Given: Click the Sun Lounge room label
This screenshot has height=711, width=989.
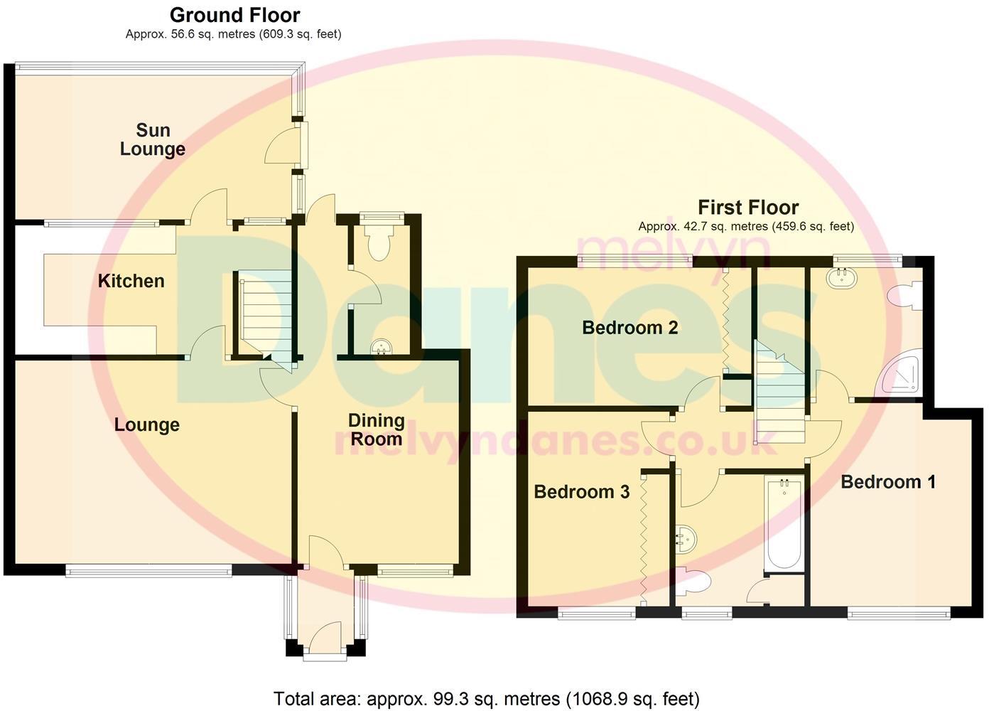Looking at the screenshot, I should [x=153, y=139].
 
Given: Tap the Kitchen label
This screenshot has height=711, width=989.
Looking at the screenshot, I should [x=131, y=281].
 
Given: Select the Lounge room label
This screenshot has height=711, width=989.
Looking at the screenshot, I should [x=147, y=424].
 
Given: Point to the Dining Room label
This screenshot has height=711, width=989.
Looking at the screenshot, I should [x=376, y=429].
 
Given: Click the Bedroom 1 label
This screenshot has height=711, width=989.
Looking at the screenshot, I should [x=887, y=482].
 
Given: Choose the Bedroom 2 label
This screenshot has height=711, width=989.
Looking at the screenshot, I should [x=629, y=328].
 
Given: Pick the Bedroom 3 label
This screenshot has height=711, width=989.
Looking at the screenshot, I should [x=581, y=492].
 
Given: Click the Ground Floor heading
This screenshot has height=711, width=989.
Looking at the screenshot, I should [x=234, y=15].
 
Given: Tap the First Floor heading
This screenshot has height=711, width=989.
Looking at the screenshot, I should [x=748, y=208].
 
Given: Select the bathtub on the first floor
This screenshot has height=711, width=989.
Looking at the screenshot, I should [x=784, y=524].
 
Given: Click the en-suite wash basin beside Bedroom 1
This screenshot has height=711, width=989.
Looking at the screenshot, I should [x=843, y=277].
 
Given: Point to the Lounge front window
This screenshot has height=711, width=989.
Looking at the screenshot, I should [x=148, y=570].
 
